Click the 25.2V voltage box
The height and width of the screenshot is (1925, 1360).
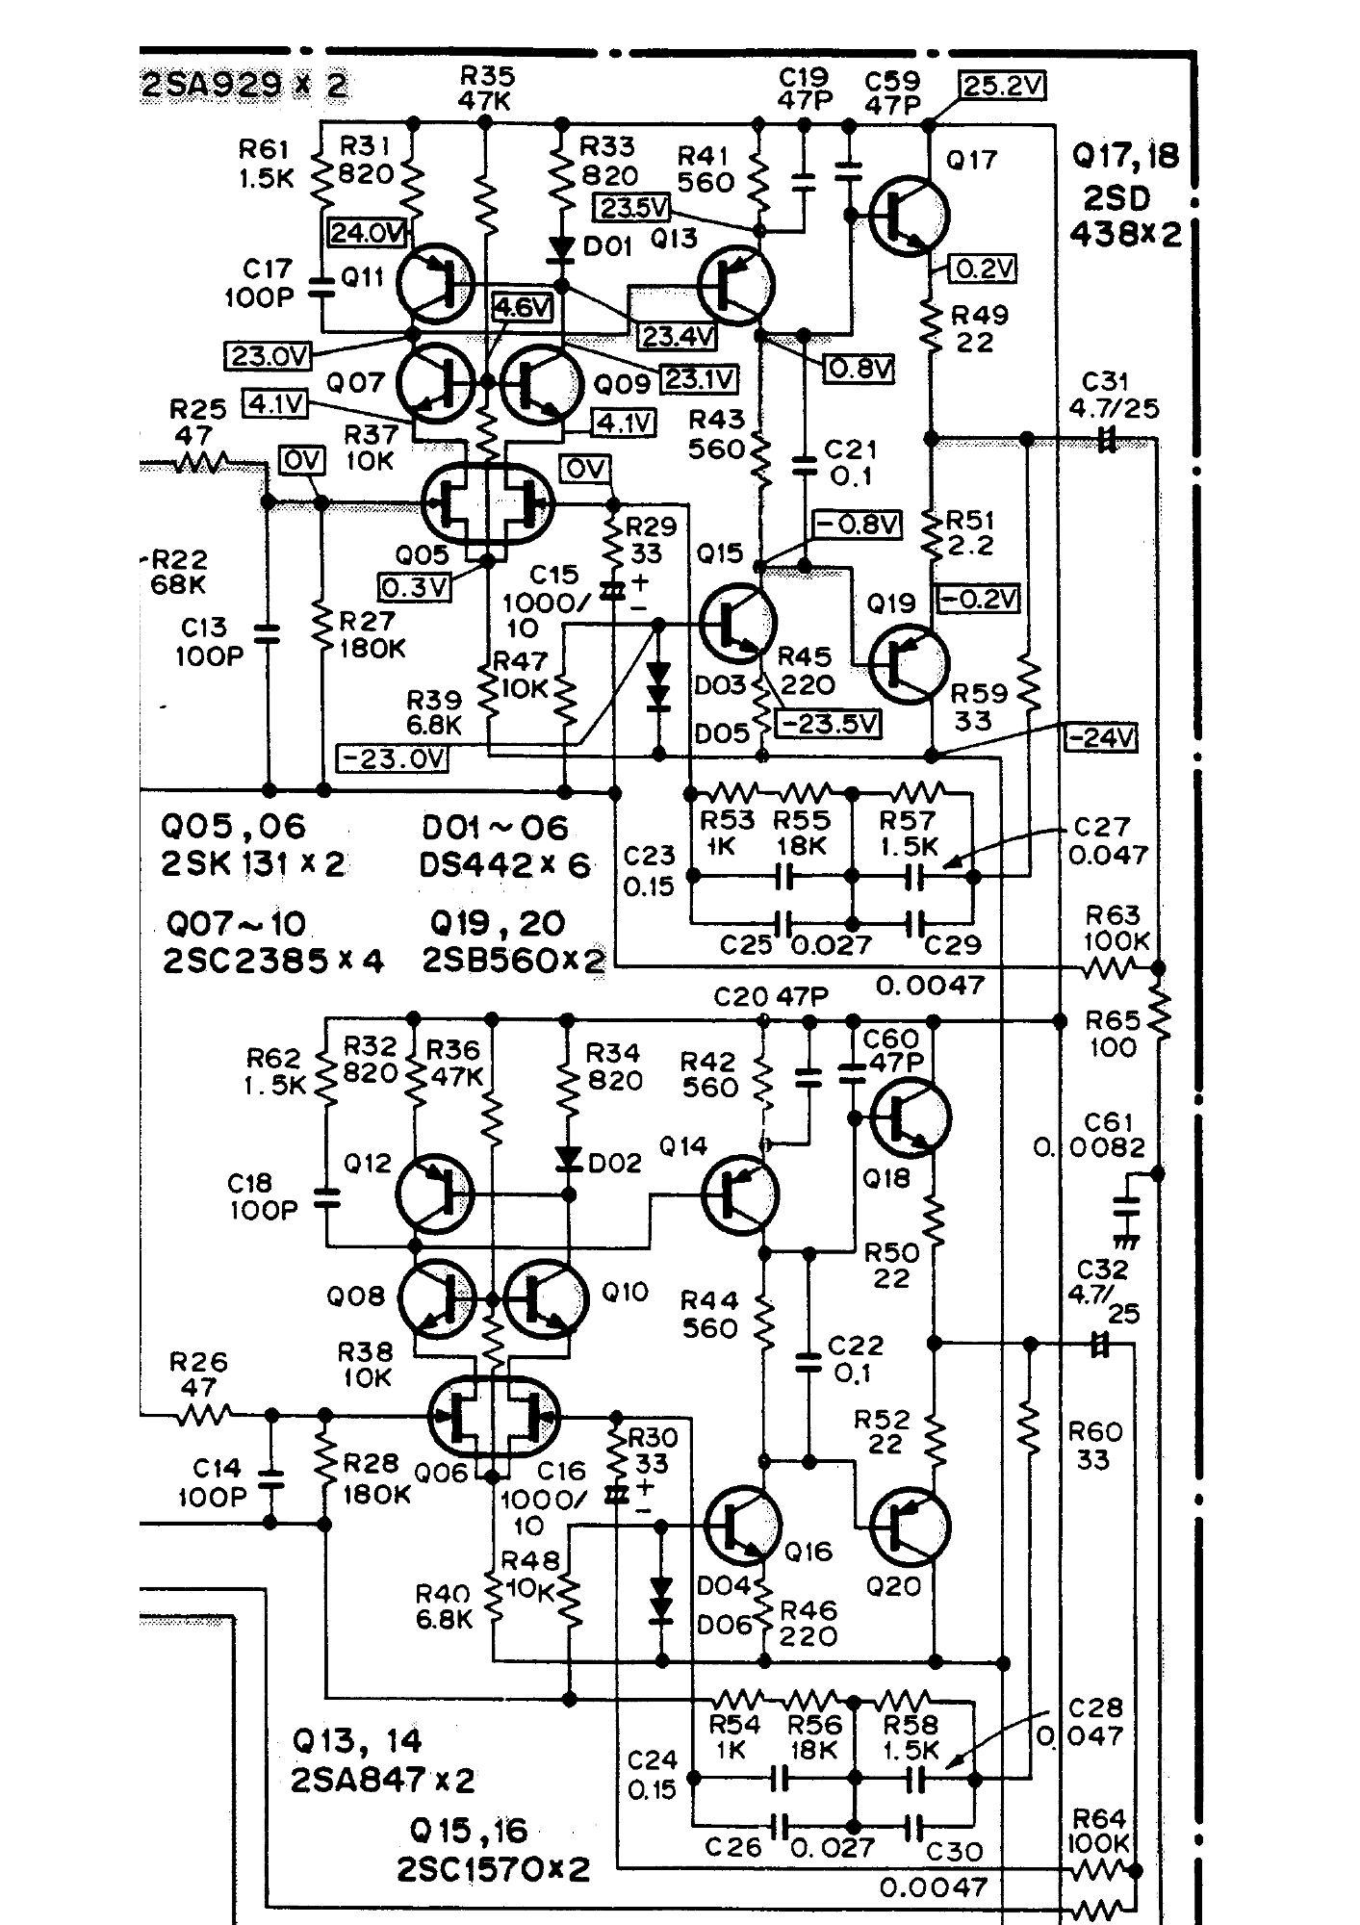[1003, 86]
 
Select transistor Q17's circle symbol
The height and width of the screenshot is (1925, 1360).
[909, 217]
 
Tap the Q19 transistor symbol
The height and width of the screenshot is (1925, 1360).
[909, 663]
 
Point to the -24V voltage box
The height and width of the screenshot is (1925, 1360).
[1100, 737]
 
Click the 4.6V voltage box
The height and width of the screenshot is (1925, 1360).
[524, 307]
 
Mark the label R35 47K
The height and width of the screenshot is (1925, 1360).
[487, 88]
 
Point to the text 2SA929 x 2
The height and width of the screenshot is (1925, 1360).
[244, 86]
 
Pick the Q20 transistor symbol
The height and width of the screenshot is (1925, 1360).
[911, 1527]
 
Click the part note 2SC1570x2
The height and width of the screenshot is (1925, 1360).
[493, 1869]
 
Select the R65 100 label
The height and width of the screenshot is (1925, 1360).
[1113, 1033]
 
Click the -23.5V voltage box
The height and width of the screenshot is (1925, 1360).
[828, 723]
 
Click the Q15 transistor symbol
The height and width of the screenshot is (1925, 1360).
[737, 623]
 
